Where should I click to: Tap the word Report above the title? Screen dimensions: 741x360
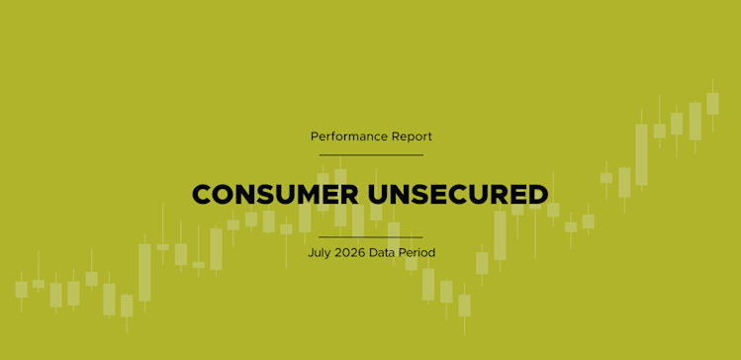pos(413,137)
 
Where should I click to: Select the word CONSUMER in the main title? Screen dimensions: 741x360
pos(275,194)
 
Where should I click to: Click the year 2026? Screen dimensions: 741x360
pos(350,253)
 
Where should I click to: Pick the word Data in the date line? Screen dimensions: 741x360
pos(381,253)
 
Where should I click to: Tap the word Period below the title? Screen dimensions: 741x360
pos(416,253)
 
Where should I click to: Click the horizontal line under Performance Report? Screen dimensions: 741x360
pos(371,155)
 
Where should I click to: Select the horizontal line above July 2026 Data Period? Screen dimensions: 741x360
pos(370,237)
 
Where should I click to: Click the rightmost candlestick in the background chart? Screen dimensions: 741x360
pos(712,104)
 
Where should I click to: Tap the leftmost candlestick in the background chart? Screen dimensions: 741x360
pos(21,290)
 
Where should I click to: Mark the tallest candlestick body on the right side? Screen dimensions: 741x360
pos(641,154)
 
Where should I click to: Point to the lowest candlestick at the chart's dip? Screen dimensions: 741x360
pos(464,306)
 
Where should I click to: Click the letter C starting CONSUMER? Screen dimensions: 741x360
pos(202,194)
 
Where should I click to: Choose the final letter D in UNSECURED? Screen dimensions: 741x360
pos(538,194)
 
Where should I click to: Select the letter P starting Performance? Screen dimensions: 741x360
pos(315,137)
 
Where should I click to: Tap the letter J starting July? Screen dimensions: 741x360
pos(311,253)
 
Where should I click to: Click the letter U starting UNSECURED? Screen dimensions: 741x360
pos(378,194)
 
